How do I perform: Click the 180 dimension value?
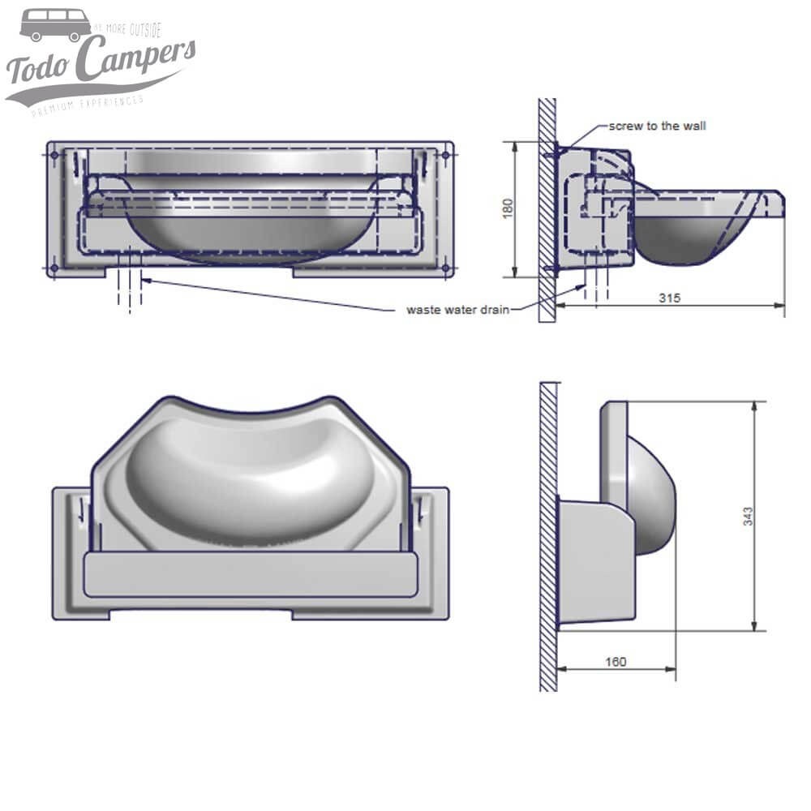(508, 208)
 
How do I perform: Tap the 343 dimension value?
(747, 516)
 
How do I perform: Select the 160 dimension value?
(616, 662)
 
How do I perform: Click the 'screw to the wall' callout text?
(657, 126)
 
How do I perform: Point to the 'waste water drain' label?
(458, 310)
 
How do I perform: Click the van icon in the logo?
(55, 24)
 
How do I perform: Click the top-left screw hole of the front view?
(54, 153)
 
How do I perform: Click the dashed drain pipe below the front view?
(130, 288)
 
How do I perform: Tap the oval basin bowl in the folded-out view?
(251, 478)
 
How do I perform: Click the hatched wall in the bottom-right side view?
(549, 535)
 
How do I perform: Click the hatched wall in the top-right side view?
(547, 211)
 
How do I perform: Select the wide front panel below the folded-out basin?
(251, 574)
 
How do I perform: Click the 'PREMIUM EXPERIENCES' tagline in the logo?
(88, 105)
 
